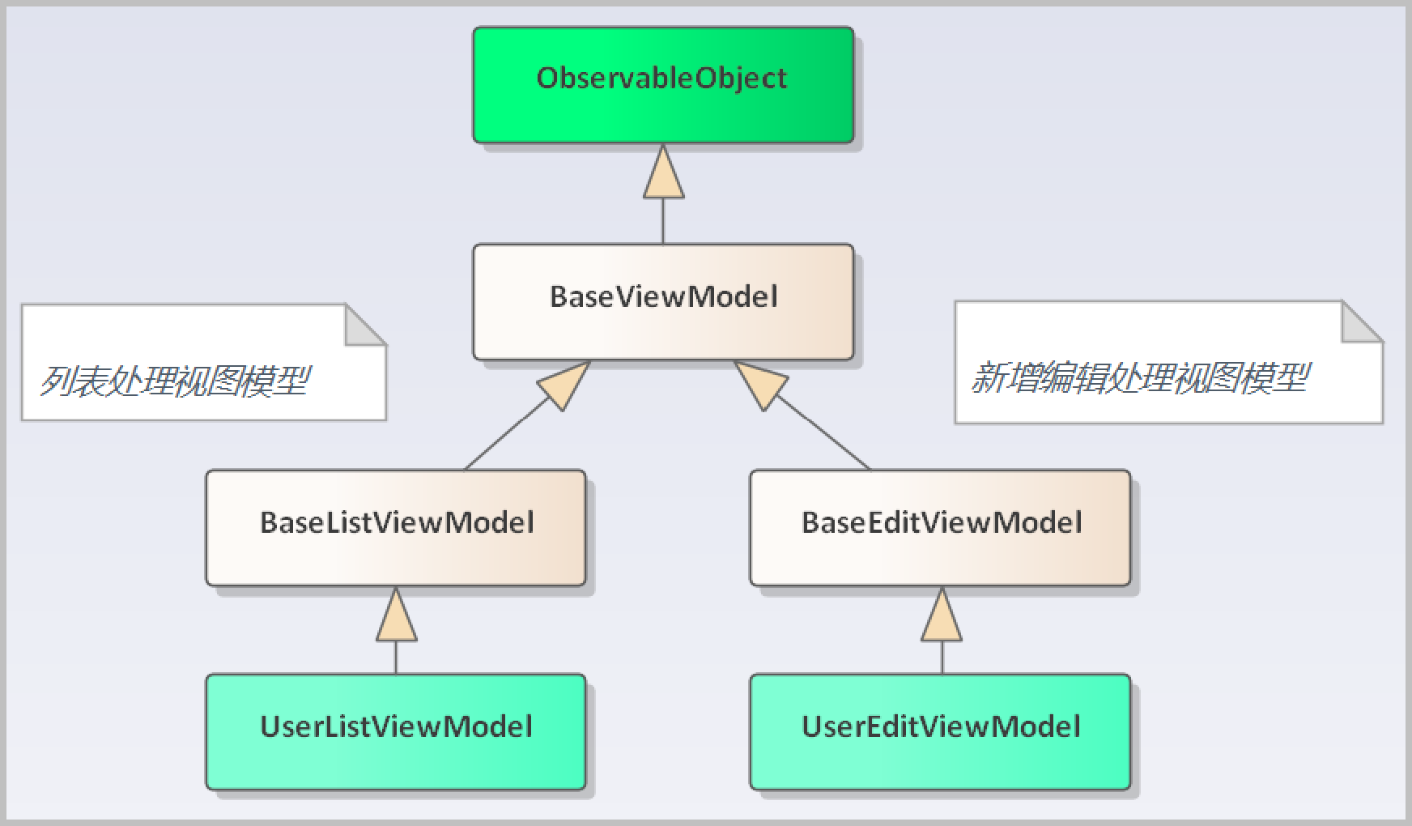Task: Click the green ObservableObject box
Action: click(x=663, y=85)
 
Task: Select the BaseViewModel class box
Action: click(x=663, y=301)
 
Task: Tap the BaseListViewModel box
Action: click(x=396, y=527)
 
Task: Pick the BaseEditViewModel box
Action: click(x=940, y=527)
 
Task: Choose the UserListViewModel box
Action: click(x=396, y=731)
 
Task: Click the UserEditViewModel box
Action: click(x=940, y=731)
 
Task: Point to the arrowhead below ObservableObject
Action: click(x=664, y=172)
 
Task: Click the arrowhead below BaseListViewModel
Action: click(x=397, y=615)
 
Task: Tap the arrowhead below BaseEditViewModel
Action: click(x=942, y=615)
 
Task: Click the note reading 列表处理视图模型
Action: click(x=204, y=362)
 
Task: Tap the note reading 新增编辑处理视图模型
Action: click(x=1169, y=362)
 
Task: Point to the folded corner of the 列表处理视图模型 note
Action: click(x=365, y=325)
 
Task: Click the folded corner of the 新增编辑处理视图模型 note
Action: click(x=1362, y=321)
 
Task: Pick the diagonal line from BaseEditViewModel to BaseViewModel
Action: click(x=823, y=433)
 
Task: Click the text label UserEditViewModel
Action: click(x=941, y=726)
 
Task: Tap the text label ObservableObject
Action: click(x=661, y=79)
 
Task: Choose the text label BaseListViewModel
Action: click(x=397, y=522)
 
